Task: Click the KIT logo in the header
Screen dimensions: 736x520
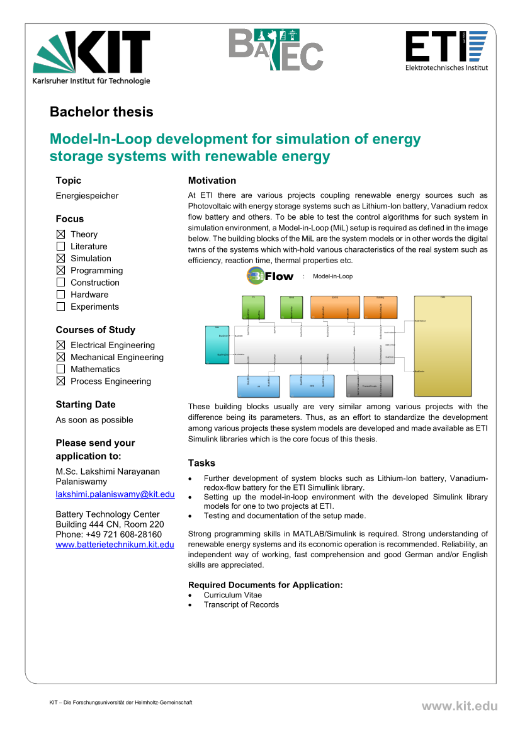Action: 92,57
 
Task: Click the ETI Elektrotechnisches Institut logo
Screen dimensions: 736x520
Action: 446,50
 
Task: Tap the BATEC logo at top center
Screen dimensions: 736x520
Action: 275,49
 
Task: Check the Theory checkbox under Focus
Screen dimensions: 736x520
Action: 60,234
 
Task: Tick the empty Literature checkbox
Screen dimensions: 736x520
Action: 60,246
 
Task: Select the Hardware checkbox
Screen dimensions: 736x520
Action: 60,294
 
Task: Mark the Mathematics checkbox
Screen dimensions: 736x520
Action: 60,369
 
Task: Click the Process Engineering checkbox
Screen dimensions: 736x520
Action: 60,381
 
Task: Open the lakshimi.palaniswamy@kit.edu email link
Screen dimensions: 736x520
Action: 115,495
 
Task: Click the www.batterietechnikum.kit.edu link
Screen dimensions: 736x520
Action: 115,544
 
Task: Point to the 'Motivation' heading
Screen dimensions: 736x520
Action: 212,181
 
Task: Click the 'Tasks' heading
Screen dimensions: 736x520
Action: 201,463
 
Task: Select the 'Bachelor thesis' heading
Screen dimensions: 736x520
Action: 101,112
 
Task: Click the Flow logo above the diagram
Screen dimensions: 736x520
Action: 271,276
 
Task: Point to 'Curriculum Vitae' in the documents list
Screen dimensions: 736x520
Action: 232,595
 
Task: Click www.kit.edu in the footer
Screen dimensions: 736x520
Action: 459,706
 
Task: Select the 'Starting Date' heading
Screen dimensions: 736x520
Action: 86,404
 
